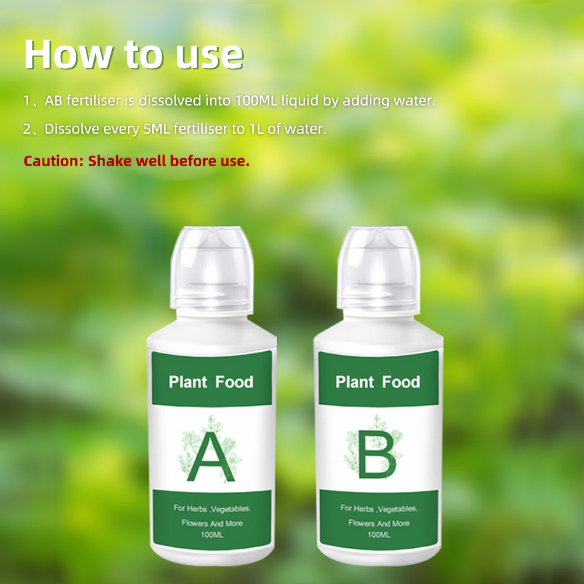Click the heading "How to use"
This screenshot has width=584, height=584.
[134, 55]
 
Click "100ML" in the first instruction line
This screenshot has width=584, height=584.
[256, 100]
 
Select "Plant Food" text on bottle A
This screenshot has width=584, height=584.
[211, 383]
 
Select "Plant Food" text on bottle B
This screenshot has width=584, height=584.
[377, 382]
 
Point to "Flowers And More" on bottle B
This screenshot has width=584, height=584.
[379, 523]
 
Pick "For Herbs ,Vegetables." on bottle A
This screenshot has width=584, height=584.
[212, 508]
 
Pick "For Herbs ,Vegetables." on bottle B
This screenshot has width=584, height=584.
[379, 508]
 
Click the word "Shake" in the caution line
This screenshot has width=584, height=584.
[110, 160]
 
